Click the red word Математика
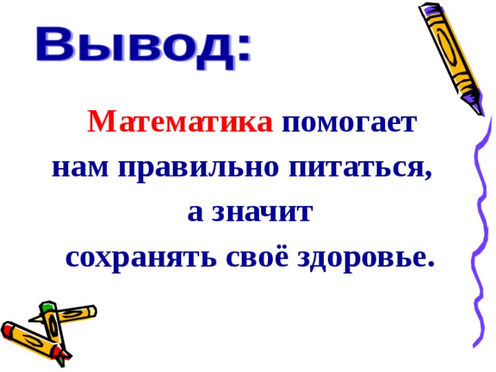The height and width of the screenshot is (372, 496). point(180,122)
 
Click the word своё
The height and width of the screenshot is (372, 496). point(237,257)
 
